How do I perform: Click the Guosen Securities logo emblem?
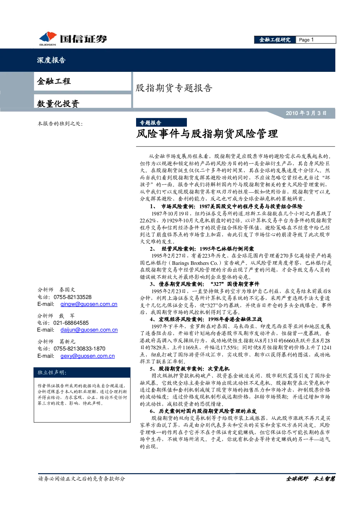[x=48, y=37]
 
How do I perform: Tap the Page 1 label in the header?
[x=306, y=40]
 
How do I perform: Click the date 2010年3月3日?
[x=306, y=113]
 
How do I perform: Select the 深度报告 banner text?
[x=51, y=60]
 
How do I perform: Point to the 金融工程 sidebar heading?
[x=54, y=81]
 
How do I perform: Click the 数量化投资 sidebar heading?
[x=58, y=104]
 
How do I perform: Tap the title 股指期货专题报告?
[x=174, y=88]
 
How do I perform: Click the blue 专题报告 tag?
[x=161, y=123]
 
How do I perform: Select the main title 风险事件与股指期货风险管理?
[x=207, y=134]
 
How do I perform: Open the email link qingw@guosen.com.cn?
[x=89, y=304]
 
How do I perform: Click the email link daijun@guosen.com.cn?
[x=89, y=330]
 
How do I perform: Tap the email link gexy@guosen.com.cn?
[x=87, y=356]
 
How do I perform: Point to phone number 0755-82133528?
[x=73, y=297]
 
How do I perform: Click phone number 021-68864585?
[x=71, y=323]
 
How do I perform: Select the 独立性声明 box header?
[x=52, y=372]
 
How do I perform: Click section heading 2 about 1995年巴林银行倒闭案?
[x=202, y=249]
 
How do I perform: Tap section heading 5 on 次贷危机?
[x=189, y=369]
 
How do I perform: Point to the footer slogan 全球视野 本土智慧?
[x=310, y=479]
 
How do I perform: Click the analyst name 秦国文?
[x=67, y=290]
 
